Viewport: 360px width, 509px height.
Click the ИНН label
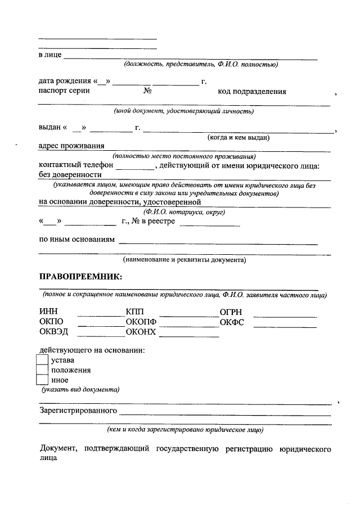click(x=49, y=312)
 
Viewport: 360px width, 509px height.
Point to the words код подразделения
click(x=252, y=92)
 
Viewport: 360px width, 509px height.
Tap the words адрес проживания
click(x=71, y=146)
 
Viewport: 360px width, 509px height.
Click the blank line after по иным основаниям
click(x=218, y=244)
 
